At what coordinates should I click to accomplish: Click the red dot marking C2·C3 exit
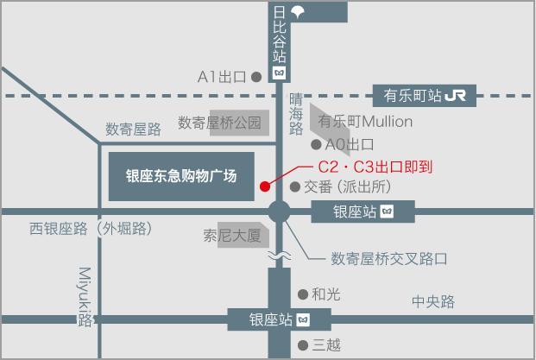pos(265,186)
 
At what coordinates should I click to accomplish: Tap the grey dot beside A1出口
pos(256,77)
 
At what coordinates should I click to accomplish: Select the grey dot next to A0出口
pos(316,145)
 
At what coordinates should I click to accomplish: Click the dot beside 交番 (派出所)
pos(295,186)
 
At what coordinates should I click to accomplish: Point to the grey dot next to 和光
pos(303,294)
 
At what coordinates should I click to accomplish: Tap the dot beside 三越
pos(303,345)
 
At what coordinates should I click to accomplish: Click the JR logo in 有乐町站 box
pos(456,96)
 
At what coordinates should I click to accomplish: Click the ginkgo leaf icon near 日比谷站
pos(298,12)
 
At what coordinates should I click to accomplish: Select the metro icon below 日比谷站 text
pos(280,73)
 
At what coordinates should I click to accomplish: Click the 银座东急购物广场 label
pos(181,176)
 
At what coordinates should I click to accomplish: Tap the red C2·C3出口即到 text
pos(375,167)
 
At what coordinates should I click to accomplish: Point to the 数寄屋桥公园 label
pos(219,123)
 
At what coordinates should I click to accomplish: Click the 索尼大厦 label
pos(232,236)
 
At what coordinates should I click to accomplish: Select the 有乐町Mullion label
pos(365,122)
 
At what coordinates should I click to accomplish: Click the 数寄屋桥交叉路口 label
pos(389,259)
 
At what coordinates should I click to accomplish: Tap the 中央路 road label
pos(433,301)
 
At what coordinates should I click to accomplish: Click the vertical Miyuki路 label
pos(85,297)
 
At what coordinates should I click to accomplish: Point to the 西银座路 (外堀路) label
pos(91,229)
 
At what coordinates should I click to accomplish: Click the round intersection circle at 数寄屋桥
pos(280,212)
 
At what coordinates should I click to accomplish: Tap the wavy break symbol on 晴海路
pos(280,256)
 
